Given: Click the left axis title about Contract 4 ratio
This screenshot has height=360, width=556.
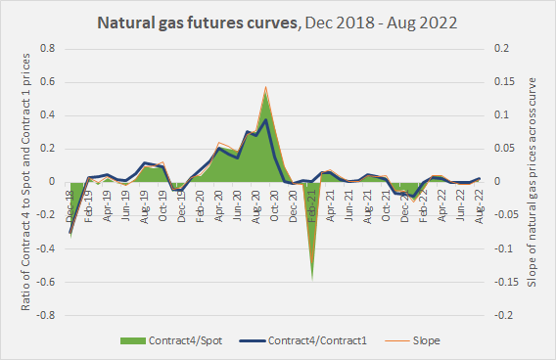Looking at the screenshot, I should click(26, 182).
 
